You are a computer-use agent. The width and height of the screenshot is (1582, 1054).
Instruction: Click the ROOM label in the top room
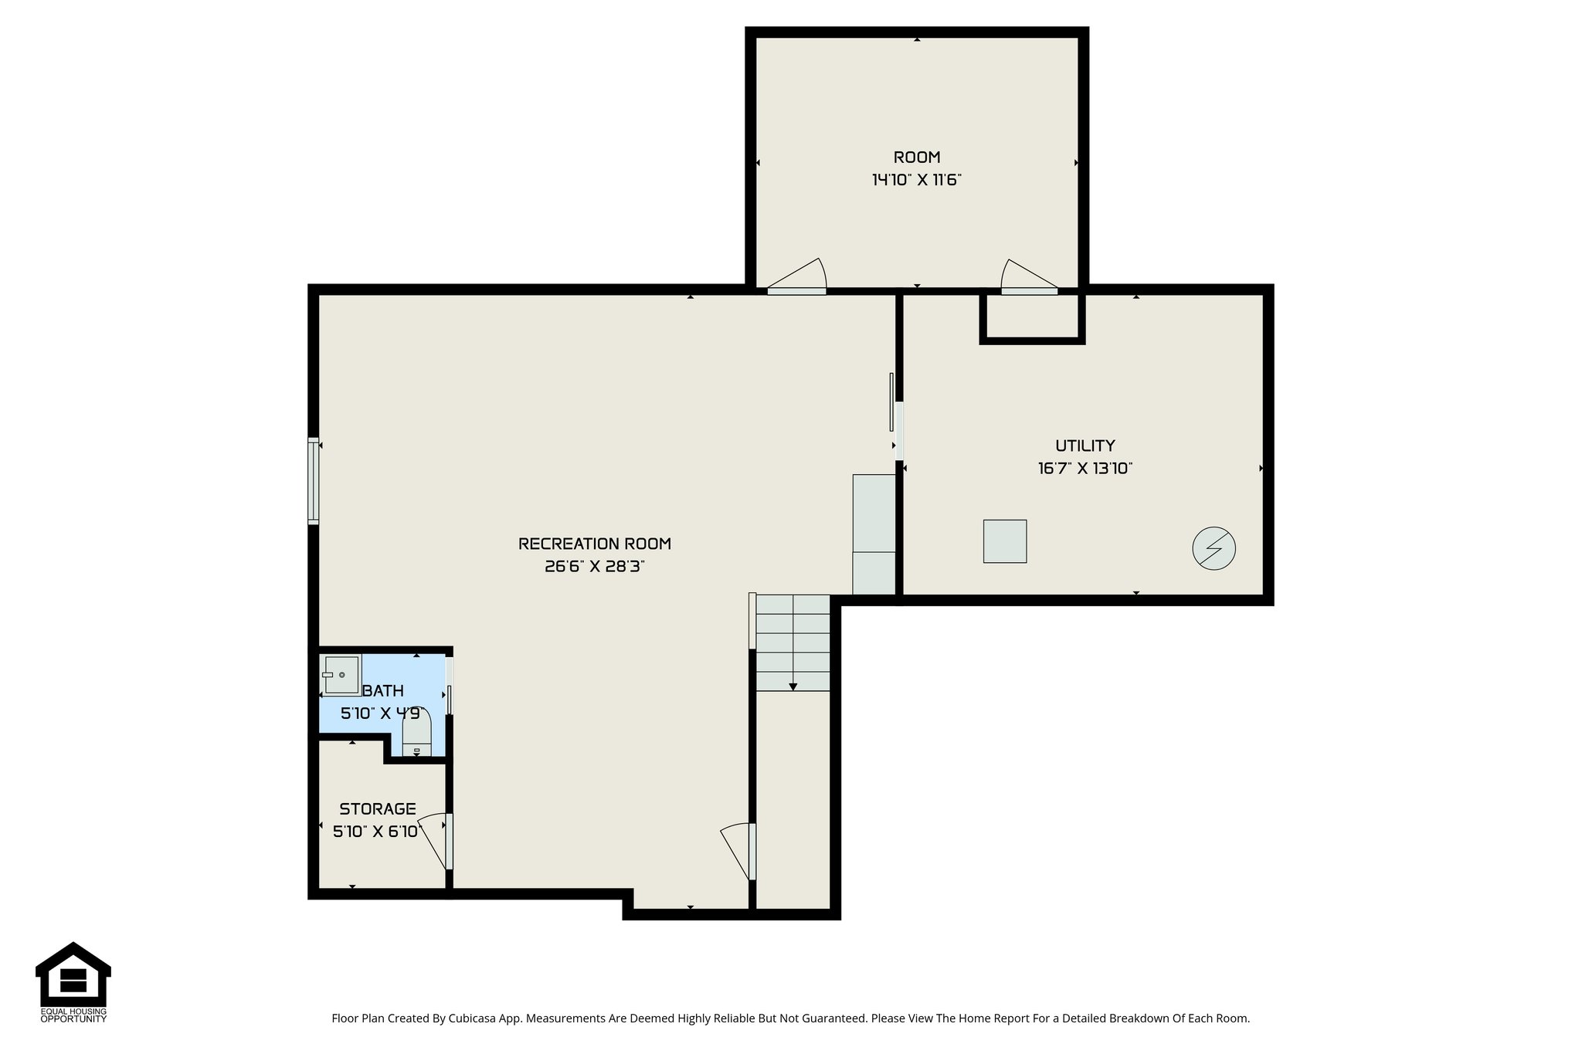[x=916, y=158]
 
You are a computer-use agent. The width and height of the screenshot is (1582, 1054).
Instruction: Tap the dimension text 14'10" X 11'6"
[x=916, y=181]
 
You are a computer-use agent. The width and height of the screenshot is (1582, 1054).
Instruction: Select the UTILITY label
[x=1085, y=446]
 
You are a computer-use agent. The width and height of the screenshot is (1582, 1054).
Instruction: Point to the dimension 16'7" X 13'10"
[x=1085, y=469]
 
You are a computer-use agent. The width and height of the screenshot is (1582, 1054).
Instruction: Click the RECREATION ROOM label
[x=594, y=544]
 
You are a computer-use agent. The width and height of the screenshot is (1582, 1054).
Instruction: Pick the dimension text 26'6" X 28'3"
[x=594, y=567]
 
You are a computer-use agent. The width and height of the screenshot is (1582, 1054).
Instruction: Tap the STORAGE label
[x=378, y=809]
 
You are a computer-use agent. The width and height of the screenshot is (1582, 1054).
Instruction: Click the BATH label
[x=383, y=690]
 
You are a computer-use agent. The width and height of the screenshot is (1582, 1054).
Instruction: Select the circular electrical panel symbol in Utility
[x=1214, y=549]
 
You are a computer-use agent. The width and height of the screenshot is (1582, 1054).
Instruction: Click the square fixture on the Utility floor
[x=1004, y=541]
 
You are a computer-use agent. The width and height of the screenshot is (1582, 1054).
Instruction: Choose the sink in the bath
[x=341, y=675]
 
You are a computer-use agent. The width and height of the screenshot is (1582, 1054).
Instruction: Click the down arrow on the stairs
[x=793, y=686]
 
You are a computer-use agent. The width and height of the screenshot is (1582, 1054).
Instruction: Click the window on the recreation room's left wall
[x=313, y=480]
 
